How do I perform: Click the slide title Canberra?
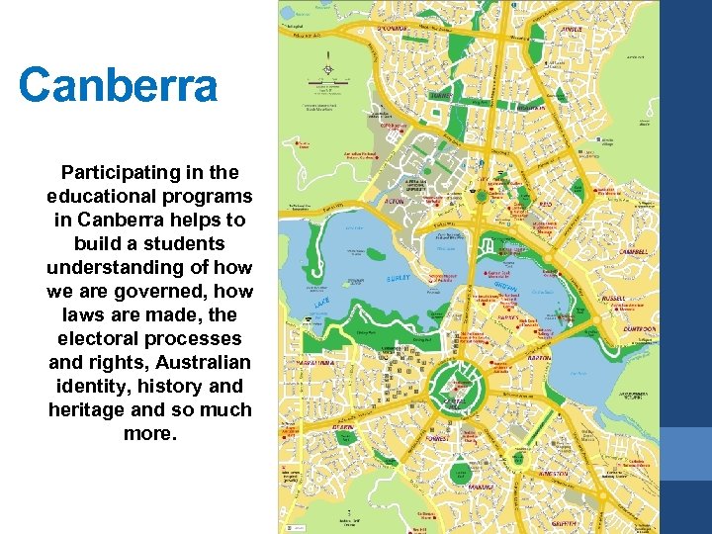(118, 85)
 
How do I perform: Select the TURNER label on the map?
(441, 96)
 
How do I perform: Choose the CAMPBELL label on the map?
(634, 251)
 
